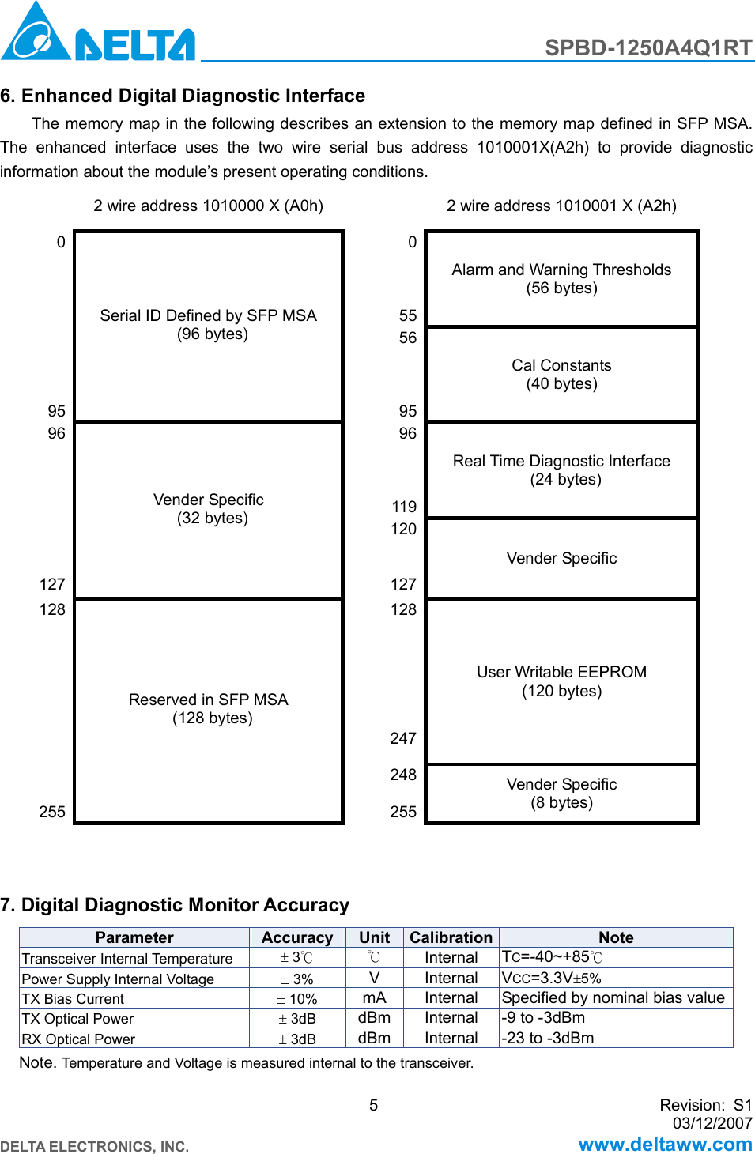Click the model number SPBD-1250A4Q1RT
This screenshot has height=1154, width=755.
(x=648, y=48)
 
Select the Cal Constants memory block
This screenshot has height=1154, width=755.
(x=561, y=375)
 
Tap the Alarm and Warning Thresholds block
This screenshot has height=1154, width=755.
(x=561, y=279)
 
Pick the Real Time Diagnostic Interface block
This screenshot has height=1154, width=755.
(x=561, y=470)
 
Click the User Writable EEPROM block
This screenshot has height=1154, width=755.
(x=561, y=681)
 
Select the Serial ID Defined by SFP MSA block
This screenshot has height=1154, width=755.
(x=209, y=325)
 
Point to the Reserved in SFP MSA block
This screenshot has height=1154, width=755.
(x=209, y=709)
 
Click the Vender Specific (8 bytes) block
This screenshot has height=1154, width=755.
(x=561, y=794)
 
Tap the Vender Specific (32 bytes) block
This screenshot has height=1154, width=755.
(x=209, y=509)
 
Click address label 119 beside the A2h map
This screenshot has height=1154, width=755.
(x=404, y=507)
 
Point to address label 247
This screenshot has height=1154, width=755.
(x=403, y=738)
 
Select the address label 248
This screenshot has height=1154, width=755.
(x=403, y=775)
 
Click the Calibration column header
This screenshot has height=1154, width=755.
(x=451, y=937)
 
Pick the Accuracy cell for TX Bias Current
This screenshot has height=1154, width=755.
(x=297, y=999)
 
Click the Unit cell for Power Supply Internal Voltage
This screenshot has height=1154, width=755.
(x=374, y=979)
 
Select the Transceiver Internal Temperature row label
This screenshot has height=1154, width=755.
(x=127, y=959)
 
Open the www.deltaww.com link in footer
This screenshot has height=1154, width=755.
(x=665, y=1144)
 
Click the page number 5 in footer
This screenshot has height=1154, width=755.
(x=374, y=1105)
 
